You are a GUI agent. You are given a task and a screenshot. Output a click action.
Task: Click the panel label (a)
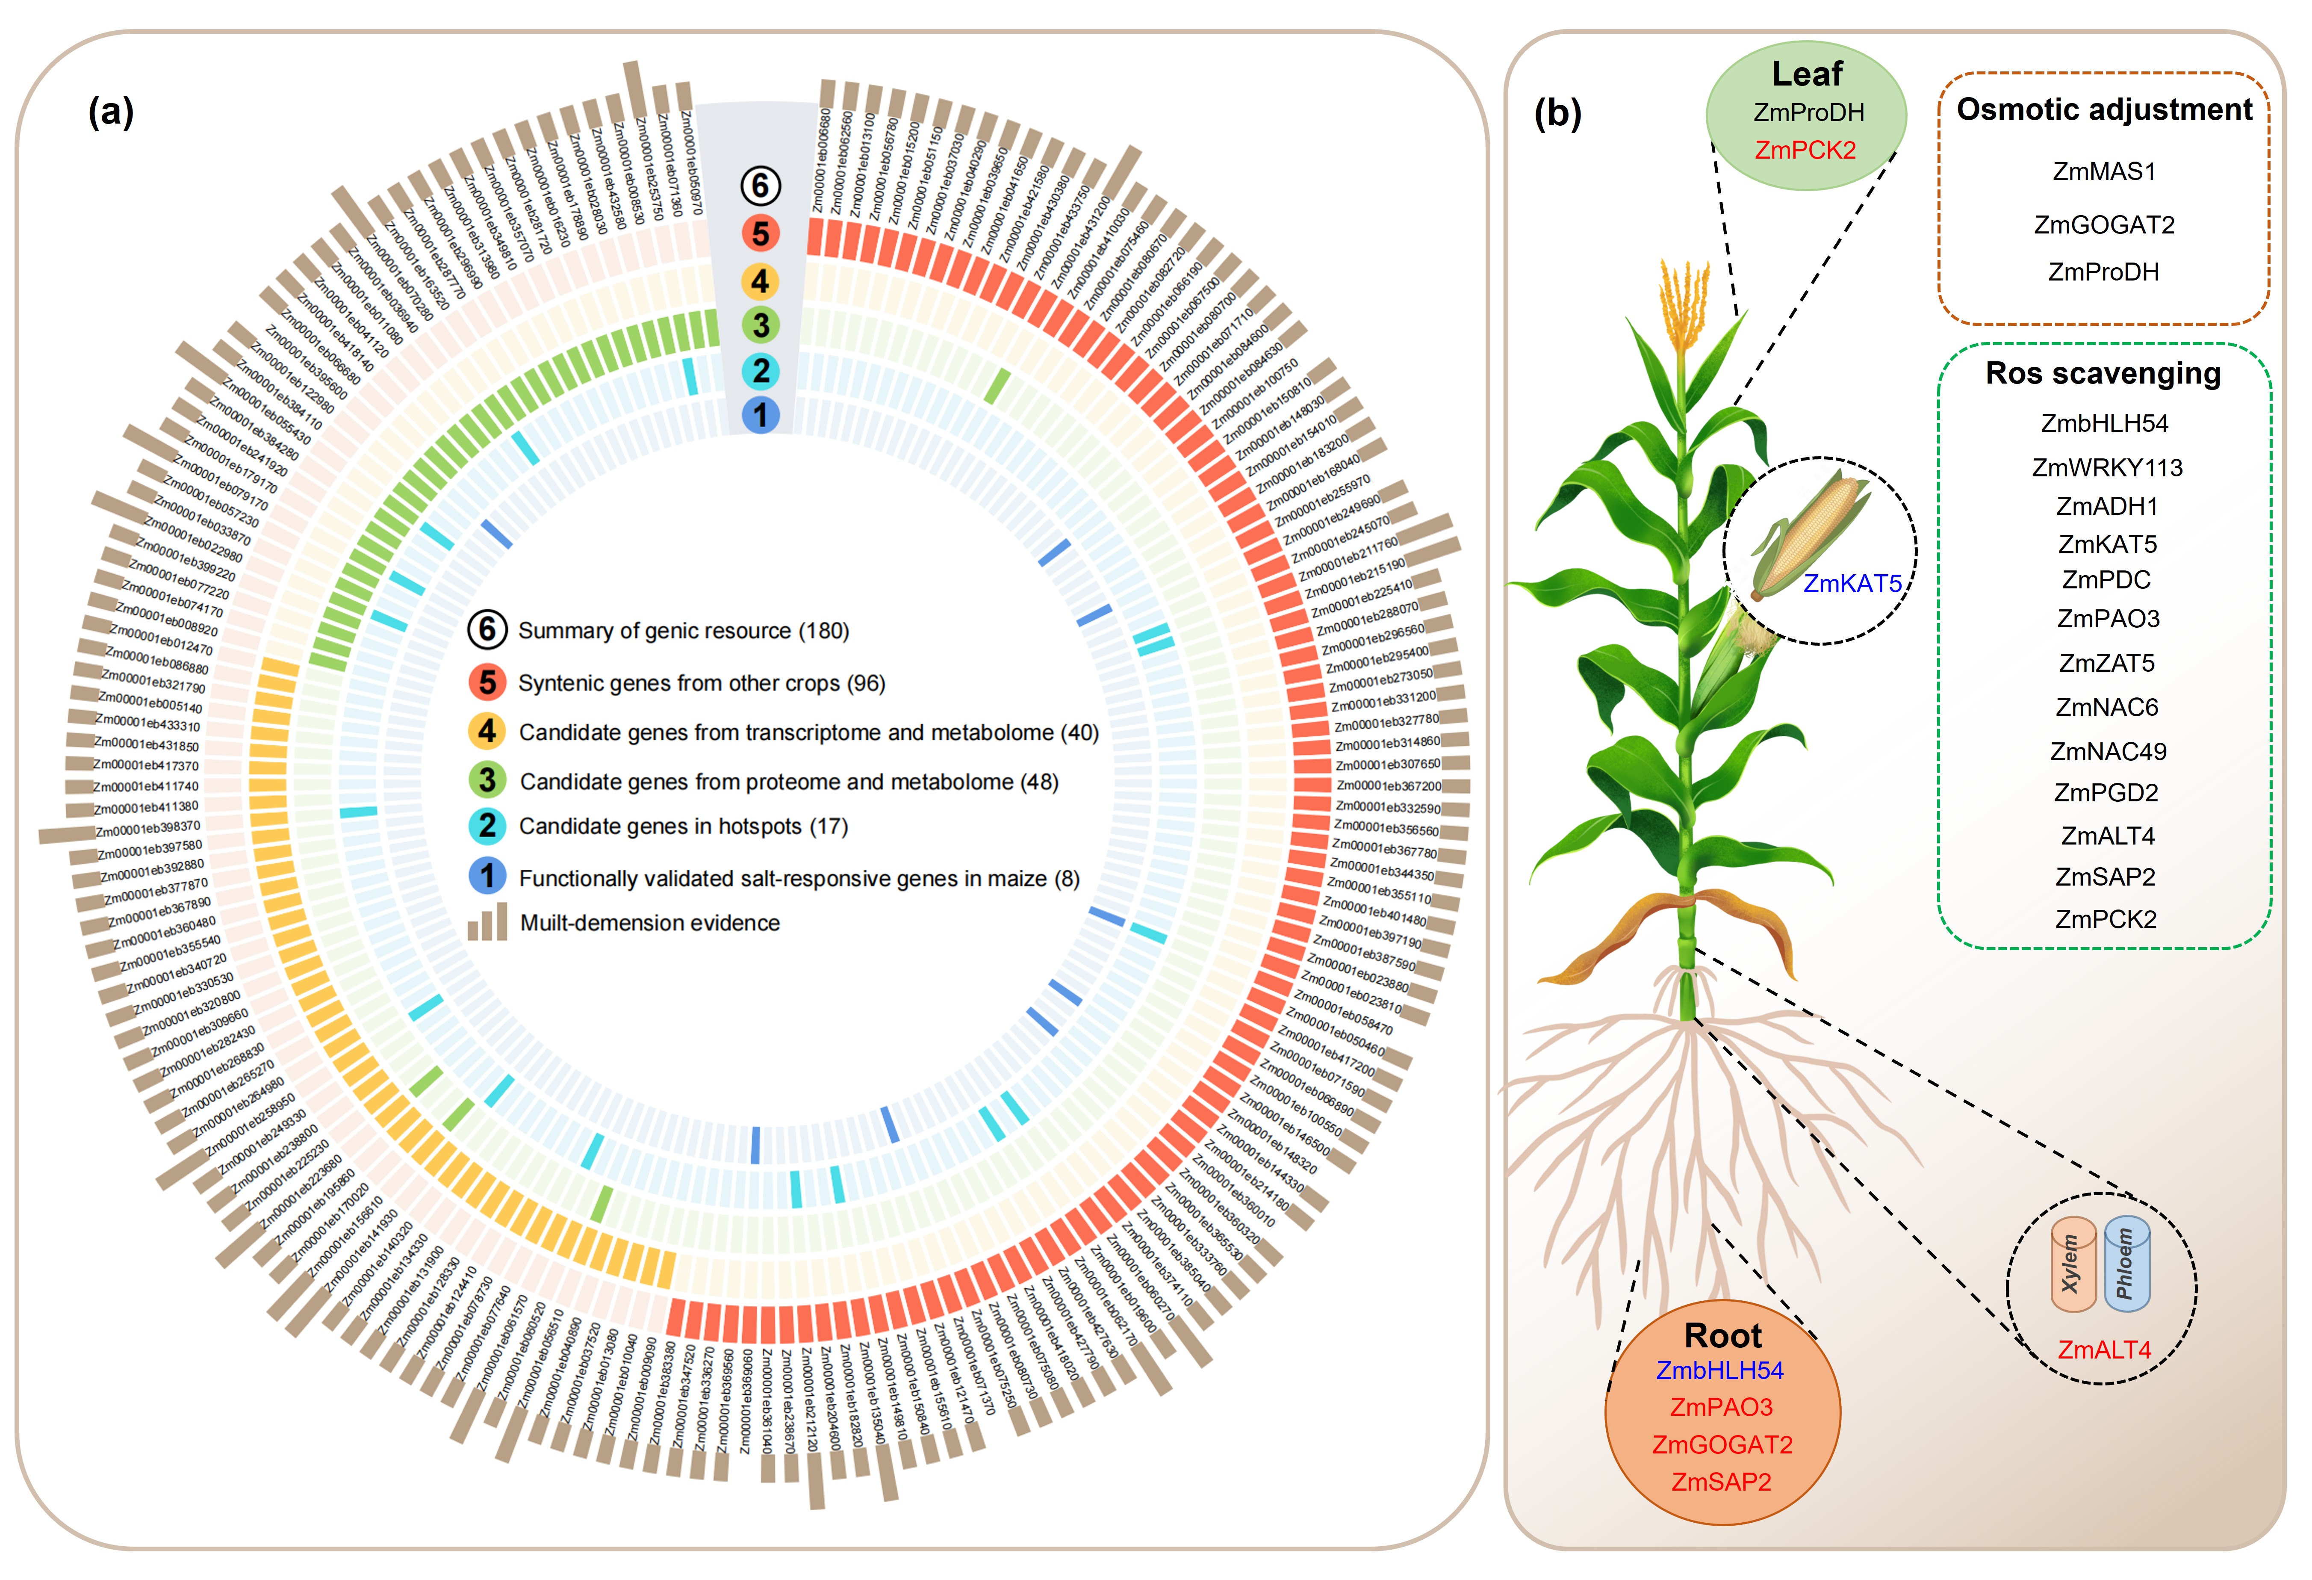(110, 112)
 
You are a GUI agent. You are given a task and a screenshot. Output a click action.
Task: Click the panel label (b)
(1557, 115)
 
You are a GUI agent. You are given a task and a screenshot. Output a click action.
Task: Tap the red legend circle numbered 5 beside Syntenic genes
(487, 682)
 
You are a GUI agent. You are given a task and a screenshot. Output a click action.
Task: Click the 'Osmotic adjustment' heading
(2103, 109)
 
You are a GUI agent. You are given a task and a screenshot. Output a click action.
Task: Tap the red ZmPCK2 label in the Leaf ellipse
(1805, 150)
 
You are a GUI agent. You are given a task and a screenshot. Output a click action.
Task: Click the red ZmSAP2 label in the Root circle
(1721, 1482)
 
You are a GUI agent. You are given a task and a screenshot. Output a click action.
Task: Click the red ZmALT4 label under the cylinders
(2103, 1350)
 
